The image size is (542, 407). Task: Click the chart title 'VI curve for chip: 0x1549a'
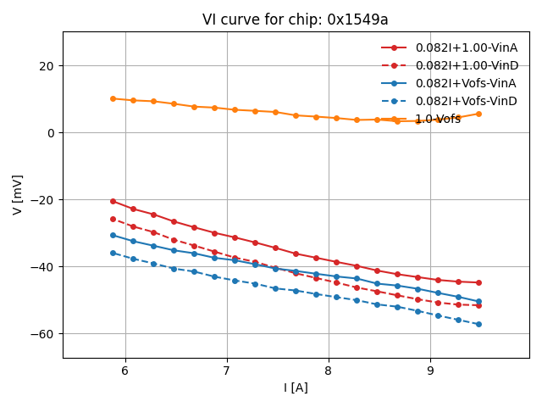click(296, 20)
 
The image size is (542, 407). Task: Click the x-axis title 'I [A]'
click(296, 387)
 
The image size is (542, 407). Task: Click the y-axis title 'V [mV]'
click(18, 194)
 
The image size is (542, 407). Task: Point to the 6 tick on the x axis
click(125, 371)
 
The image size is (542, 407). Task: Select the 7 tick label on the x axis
click(227, 371)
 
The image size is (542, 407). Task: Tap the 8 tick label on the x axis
click(329, 371)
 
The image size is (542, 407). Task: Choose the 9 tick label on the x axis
click(430, 371)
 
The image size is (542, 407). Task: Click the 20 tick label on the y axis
click(46, 66)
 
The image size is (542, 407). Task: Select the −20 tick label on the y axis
click(41, 200)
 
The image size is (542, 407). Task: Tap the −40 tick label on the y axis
click(41, 267)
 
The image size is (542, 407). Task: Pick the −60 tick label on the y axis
click(41, 334)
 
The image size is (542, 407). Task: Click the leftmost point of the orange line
click(113, 98)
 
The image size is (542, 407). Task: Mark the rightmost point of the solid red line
click(478, 282)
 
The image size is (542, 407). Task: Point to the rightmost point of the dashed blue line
click(478, 324)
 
